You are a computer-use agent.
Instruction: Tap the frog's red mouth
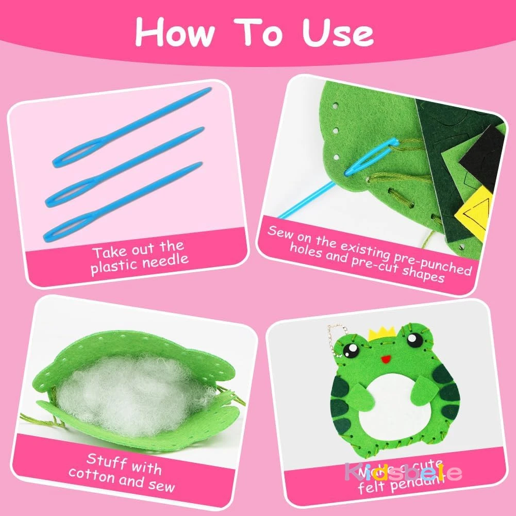point(384,358)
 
